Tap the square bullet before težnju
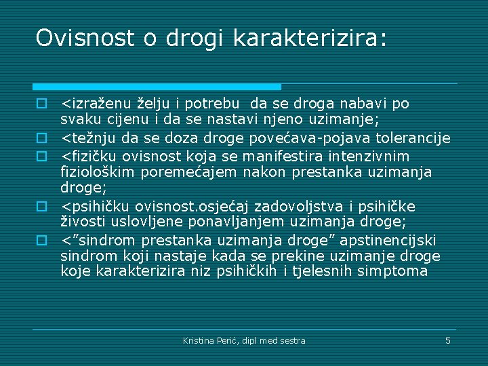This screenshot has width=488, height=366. click(41, 138)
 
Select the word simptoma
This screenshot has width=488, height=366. click(396, 271)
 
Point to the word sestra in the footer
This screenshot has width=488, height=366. click(292, 340)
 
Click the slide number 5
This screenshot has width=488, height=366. click(447, 340)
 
